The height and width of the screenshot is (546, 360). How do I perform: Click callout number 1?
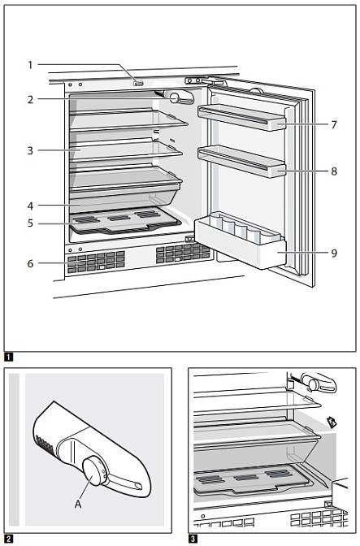point(30,65)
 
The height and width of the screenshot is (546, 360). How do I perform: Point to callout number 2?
point(30,100)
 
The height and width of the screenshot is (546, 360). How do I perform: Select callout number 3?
point(30,150)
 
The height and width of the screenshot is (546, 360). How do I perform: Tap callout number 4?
point(30,206)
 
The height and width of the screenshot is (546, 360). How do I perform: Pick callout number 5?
point(30,223)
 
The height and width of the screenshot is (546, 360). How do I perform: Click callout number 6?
point(30,263)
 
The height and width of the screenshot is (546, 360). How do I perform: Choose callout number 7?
point(334,124)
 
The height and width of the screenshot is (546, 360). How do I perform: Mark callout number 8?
point(334,171)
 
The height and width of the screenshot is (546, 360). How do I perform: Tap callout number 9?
point(334,253)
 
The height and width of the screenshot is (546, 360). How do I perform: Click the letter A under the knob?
point(78,504)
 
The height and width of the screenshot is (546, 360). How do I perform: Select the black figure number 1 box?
point(8,357)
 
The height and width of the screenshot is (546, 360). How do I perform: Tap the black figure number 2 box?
point(8,539)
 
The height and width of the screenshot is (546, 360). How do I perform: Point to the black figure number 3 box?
point(193,539)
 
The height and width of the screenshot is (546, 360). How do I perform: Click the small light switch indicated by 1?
point(138,84)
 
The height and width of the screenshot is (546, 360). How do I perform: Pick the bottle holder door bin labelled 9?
point(241,240)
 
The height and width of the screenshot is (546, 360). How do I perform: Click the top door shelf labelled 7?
point(242,117)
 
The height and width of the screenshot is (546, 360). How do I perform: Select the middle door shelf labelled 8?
point(242,161)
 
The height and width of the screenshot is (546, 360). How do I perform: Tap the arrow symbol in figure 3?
point(332,422)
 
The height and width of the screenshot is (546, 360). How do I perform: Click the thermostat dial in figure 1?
point(174,98)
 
